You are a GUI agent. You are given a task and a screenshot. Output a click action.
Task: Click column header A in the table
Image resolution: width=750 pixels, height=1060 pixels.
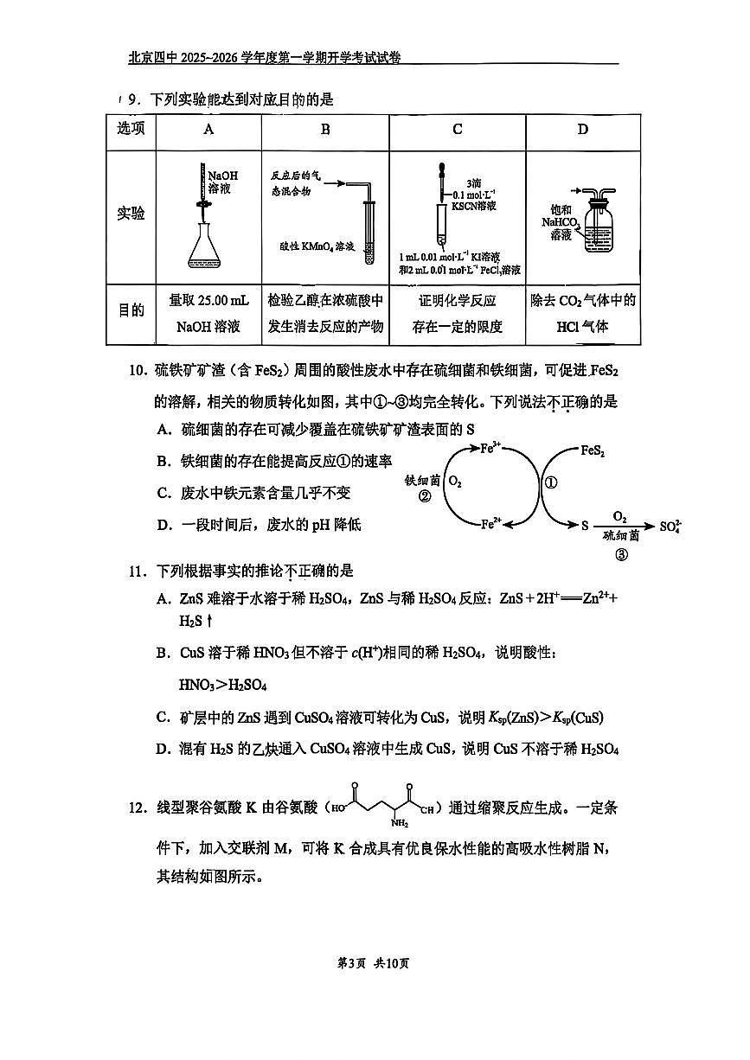pyautogui.click(x=208, y=130)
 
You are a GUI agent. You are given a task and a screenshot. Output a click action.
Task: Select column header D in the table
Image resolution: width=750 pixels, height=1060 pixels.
pyautogui.click(x=582, y=130)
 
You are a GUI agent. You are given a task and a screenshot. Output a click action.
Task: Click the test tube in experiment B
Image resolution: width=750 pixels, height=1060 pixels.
pyautogui.click(x=370, y=231)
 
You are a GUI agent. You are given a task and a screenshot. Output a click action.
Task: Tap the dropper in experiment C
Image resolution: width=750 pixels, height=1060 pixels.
pyautogui.click(x=441, y=195)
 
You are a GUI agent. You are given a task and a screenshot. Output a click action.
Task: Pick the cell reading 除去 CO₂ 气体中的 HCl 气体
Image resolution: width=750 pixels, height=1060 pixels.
pyautogui.click(x=582, y=313)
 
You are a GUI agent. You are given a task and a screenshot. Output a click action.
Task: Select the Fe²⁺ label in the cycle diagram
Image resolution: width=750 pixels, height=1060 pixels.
pyautogui.click(x=491, y=523)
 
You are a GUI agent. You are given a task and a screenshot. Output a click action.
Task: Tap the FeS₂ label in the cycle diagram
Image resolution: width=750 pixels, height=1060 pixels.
pyautogui.click(x=592, y=450)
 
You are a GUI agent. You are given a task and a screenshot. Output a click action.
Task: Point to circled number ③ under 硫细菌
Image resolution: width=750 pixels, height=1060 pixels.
pyautogui.click(x=620, y=555)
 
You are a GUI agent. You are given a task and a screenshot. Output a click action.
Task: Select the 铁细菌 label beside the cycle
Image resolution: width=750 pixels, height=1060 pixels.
pyautogui.click(x=422, y=480)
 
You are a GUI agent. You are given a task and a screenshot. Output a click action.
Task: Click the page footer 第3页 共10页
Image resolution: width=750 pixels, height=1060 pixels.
pyautogui.click(x=374, y=964)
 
